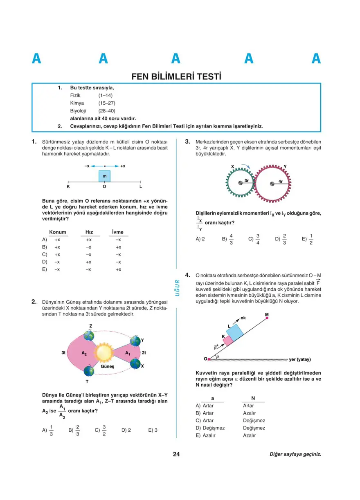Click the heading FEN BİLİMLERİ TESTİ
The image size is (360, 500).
click(x=176, y=76)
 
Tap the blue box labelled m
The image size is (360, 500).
click(x=104, y=176)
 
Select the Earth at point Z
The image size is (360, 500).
click(x=89, y=336)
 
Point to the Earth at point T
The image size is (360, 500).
click(x=89, y=371)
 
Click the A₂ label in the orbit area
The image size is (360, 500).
click(x=84, y=352)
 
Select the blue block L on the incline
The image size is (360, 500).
click(x=235, y=332)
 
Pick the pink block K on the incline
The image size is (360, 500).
click(x=227, y=341)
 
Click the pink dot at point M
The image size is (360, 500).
click(x=267, y=318)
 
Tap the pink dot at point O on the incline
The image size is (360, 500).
click(x=209, y=359)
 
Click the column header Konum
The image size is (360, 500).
click(x=58, y=232)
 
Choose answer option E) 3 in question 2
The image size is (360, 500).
click(x=153, y=430)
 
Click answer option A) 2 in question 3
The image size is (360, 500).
click(x=200, y=239)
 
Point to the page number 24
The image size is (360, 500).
click(x=176, y=454)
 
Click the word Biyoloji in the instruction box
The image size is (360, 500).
click(x=78, y=110)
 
